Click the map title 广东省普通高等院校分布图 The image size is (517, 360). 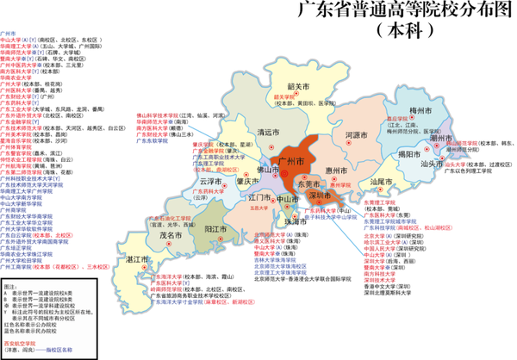coord(404,11)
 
